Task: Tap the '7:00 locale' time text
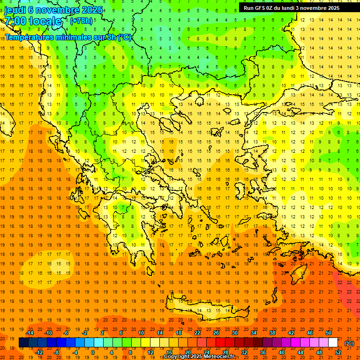tap(33, 21)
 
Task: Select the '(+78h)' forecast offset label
tap(81, 21)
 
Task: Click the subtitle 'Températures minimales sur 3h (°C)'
tap(68, 37)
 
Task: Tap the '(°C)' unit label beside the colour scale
tap(349, 343)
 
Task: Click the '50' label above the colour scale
tap(329, 333)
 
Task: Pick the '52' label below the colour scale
tap(338, 352)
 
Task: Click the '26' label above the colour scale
tap(216, 333)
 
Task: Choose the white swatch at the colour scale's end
tap(333, 343)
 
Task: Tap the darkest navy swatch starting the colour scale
tap(23, 343)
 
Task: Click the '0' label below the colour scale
tap(93, 352)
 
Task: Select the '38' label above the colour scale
tap(272, 333)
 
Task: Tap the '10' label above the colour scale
tap(141, 333)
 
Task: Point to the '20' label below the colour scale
tap(188, 352)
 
